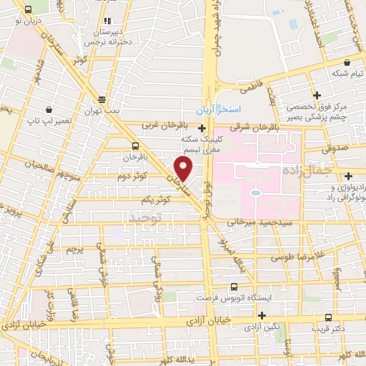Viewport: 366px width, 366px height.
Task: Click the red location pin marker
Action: coord(184,169)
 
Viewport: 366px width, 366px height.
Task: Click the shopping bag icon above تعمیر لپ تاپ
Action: coord(47,110)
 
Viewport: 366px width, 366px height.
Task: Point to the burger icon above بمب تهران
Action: coord(102,99)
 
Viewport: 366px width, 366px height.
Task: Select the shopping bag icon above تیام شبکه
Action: coord(335,61)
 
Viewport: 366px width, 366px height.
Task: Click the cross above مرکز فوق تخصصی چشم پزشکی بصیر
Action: coord(317,94)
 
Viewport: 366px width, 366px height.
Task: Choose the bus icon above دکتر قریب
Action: coord(329,317)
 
